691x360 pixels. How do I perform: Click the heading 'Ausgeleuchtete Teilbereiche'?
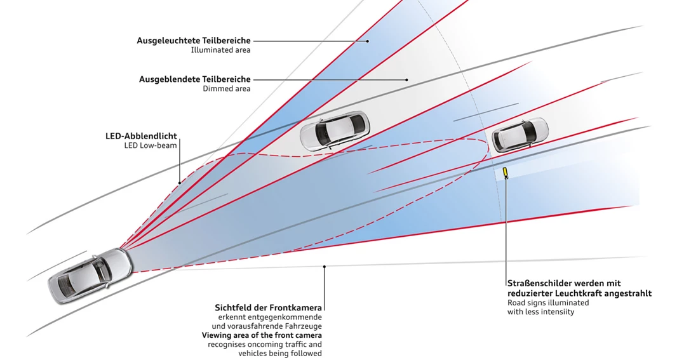tap(194, 41)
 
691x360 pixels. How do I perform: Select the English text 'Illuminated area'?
tap(220, 50)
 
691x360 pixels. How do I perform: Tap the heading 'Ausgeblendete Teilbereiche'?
tap(195, 79)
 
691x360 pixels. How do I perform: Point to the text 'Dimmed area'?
tap(227, 89)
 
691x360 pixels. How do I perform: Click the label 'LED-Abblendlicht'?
tap(141, 136)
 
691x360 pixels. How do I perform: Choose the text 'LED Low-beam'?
tap(151, 145)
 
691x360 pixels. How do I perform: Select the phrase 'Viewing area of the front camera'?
tap(262, 335)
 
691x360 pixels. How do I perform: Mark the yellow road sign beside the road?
tap(506, 173)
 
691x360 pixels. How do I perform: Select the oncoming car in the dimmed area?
tap(333, 130)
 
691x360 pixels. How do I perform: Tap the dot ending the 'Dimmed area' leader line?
tap(406, 79)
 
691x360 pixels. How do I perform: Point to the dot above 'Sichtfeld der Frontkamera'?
tap(325, 267)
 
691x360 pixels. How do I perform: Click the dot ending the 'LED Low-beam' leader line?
tap(180, 183)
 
